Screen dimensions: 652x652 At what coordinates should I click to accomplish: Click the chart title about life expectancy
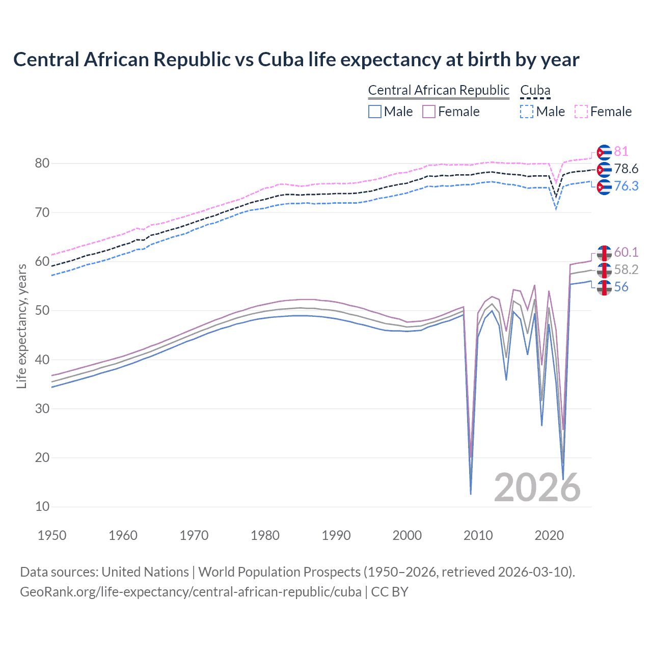(x=296, y=60)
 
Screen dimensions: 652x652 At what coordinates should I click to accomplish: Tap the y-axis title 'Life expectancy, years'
(x=21, y=326)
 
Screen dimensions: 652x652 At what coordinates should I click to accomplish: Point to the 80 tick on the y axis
(x=42, y=164)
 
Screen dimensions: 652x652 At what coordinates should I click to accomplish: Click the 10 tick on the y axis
(x=42, y=507)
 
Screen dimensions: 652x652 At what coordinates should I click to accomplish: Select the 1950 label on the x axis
(x=52, y=535)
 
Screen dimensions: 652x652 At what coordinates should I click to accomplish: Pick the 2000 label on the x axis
(x=407, y=535)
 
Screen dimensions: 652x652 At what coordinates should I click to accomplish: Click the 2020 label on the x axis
(x=549, y=535)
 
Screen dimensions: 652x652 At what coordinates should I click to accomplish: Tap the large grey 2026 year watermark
(x=537, y=487)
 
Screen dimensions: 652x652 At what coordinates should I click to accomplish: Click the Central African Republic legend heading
(x=438, y=90)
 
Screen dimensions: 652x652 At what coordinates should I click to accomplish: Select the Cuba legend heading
(x=535, y=90)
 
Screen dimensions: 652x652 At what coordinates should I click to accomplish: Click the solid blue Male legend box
(x=375, y=112)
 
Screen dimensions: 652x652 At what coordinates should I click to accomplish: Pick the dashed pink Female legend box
(x=581, y=112)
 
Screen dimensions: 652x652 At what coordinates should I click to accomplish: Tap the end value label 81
(x=621, y=152)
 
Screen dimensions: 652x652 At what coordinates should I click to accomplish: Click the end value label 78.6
(x=626, y=169)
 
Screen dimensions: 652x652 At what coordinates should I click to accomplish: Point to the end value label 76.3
(x=626, y=186)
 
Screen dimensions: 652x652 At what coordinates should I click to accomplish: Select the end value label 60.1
(x=626, y=253)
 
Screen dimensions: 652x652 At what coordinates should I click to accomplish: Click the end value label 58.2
(x=626, y=270)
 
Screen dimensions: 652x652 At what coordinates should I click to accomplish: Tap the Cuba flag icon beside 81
(x=604, y=152)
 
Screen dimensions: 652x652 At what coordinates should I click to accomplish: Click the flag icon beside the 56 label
(x=604, y=287)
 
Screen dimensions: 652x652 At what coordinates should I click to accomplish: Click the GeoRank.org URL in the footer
(x=191, y=592)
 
